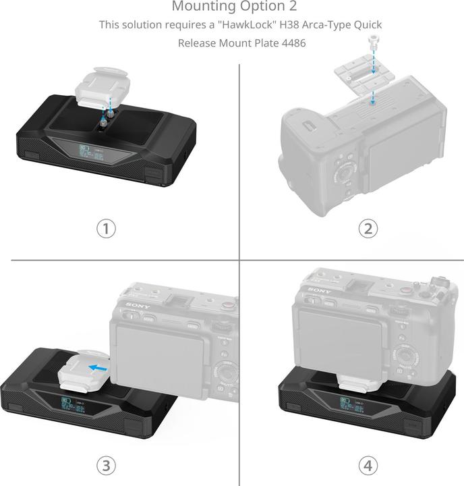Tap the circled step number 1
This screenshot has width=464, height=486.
click(105, 229)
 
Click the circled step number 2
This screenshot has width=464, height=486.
click(368, 229)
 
